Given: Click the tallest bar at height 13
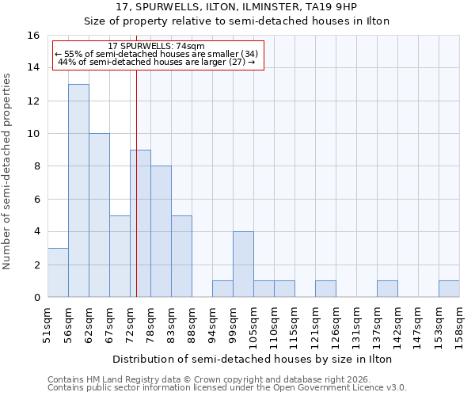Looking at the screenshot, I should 78,190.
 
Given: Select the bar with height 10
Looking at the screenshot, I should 99,215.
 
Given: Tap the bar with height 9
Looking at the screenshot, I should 140,223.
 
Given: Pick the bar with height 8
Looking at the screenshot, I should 161,231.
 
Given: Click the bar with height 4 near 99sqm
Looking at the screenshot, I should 243,265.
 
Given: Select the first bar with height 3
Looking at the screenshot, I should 58,272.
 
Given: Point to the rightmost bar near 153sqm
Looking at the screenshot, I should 449,289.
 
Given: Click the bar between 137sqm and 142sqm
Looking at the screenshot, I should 387,289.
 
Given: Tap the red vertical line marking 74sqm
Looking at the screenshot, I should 136,182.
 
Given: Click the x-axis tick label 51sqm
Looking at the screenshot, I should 48,322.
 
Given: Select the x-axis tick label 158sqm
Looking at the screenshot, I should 460,322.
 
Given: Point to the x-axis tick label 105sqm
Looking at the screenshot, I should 254,322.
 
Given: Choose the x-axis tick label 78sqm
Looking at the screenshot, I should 151,322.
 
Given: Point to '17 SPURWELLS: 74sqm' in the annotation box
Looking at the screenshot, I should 156,47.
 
